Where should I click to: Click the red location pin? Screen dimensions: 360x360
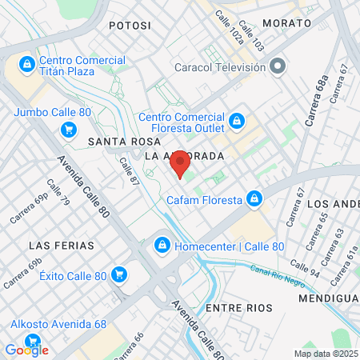[180, 163]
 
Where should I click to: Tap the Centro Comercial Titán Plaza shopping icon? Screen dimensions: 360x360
[27, 63]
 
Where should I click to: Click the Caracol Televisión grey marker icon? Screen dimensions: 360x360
[278, 66]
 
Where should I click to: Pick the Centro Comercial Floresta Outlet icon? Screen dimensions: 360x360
[236, 122]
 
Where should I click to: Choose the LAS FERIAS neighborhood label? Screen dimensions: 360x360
[61, 245]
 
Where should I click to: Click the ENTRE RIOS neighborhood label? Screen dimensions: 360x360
[238, 307]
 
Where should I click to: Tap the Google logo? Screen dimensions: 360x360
[26, 350]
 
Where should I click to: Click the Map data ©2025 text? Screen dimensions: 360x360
[325, 354]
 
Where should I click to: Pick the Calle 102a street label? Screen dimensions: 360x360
[226, 33]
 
